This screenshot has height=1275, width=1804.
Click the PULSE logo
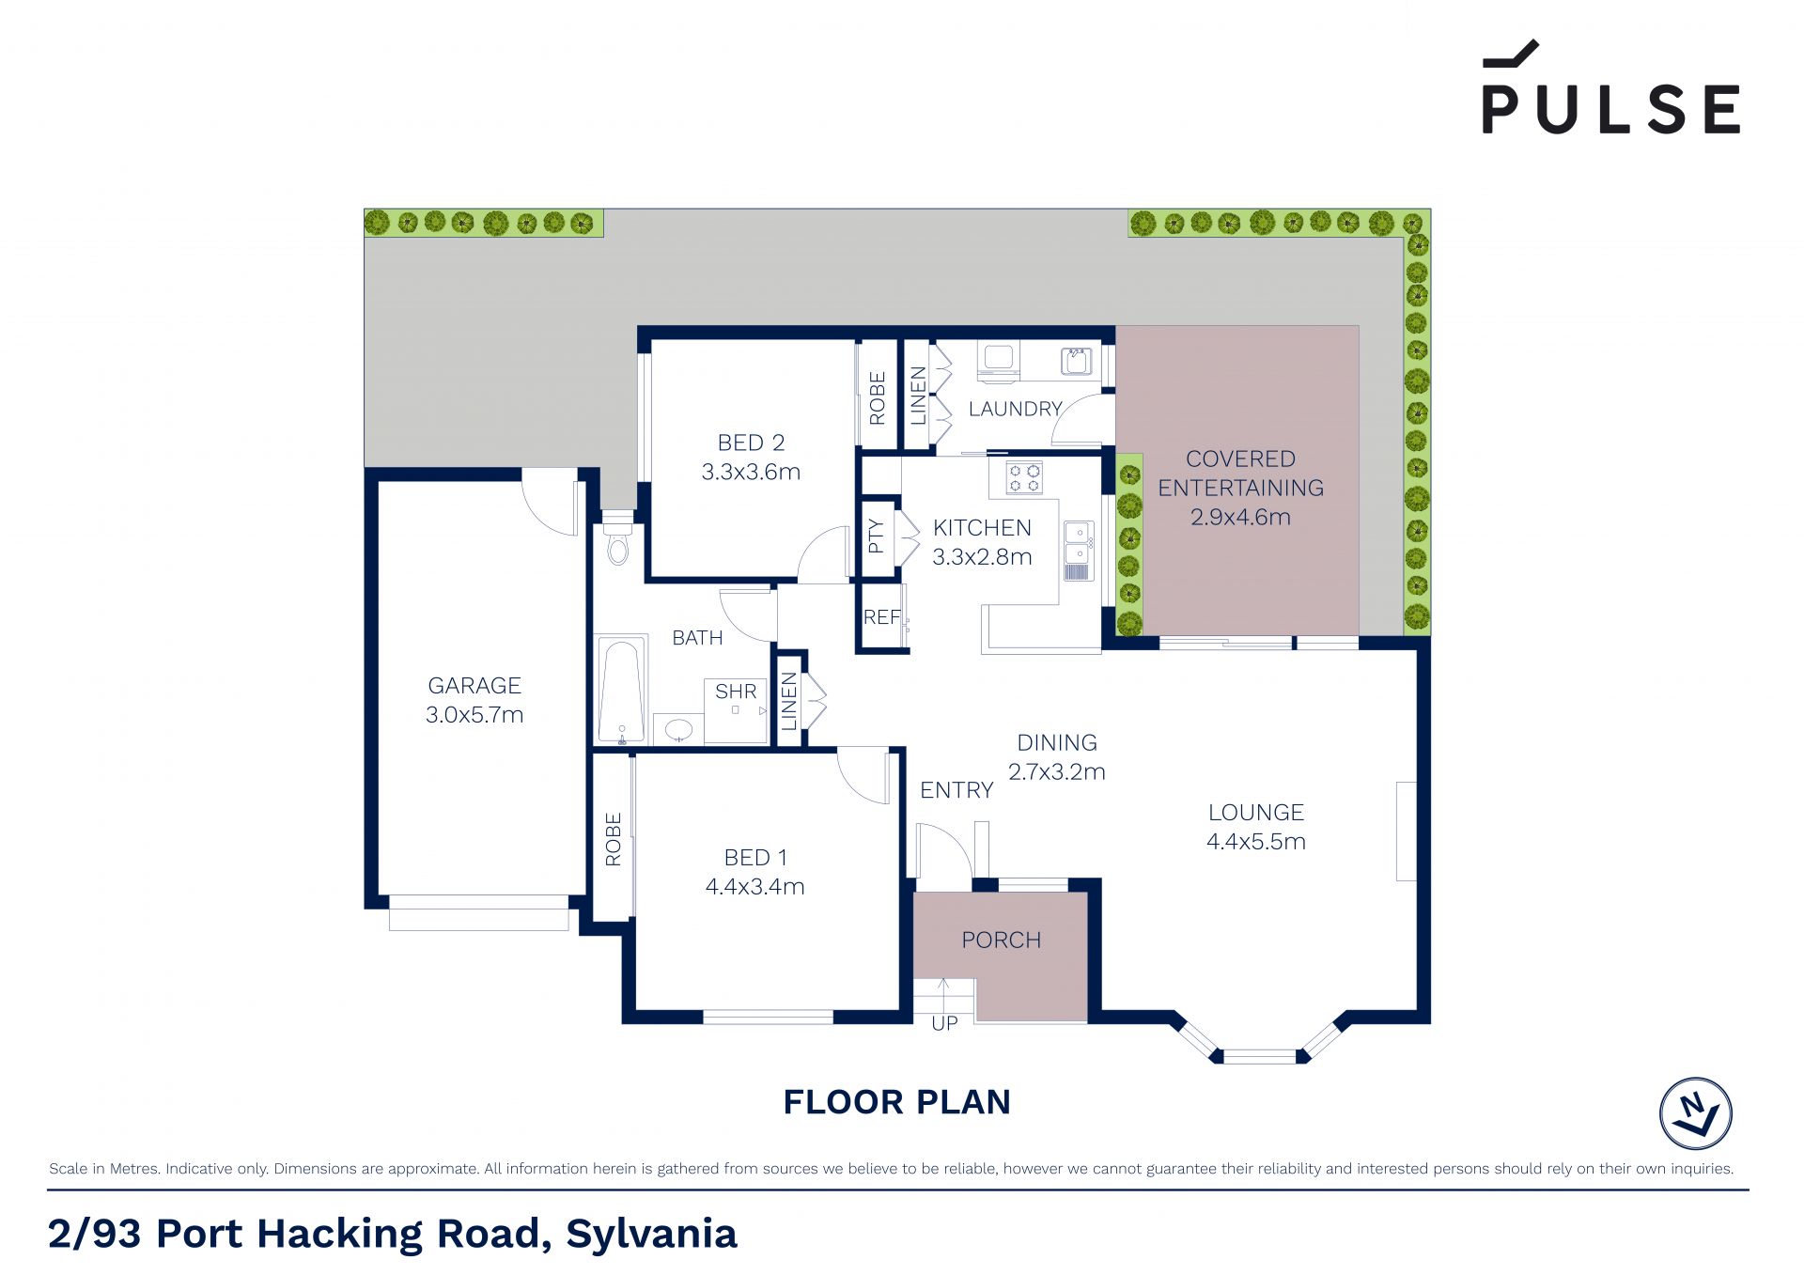click(1610, 87)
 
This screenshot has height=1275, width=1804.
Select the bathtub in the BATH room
click(622, 691)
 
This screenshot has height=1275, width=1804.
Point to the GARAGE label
click(474, 686)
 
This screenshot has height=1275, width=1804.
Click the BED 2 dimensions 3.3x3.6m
click(751, 472)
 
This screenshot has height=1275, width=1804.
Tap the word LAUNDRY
click(1015, 409)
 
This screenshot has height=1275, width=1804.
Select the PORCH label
click(1002, 941)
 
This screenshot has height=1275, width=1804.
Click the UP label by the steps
click(944, 1024)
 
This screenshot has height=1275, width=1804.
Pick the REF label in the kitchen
click(881, 617)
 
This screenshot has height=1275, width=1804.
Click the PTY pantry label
click(876, 536)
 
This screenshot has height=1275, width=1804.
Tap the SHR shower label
click(736, 692)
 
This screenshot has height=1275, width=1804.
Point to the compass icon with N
click(1696, 1113)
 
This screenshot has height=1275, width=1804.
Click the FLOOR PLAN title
click(897, 1102)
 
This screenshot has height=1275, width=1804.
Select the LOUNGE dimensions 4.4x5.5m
click(1256, 842)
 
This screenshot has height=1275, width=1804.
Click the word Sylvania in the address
click(651, 1234)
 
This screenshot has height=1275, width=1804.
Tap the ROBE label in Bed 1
click(613, 839)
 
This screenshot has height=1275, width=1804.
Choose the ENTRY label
click(956, 790)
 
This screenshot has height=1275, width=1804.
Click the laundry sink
click(1077, 361)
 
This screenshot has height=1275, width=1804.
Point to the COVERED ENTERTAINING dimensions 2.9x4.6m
click(1240, 517)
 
